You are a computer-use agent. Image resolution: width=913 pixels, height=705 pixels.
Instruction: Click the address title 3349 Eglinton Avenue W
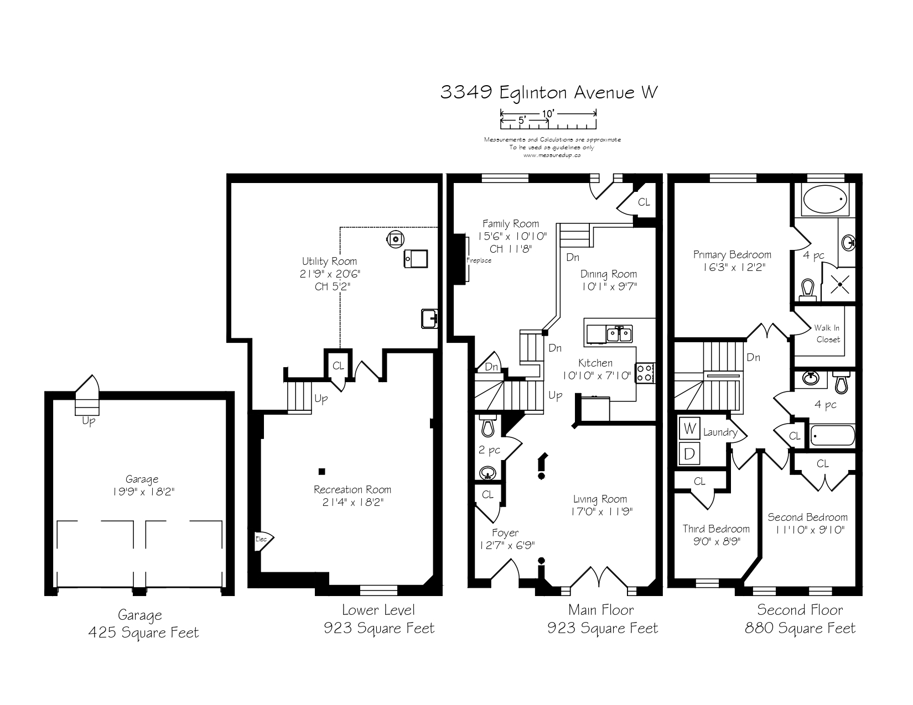click(x=549, y=92)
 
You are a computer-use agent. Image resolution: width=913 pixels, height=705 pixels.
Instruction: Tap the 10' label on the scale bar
click(x=548, y=113)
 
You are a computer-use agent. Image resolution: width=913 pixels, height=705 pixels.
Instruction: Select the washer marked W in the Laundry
click(x=689, y=429)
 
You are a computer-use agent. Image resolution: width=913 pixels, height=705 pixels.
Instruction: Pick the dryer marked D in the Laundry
click(x=689, y=453)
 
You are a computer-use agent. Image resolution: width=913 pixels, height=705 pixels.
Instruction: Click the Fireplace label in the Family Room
click(x=479, y=260)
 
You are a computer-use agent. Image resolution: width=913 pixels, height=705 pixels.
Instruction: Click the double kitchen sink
click(x=619, y=334)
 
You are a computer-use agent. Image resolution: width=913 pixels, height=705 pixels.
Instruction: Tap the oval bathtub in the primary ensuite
click(x=825, y=200)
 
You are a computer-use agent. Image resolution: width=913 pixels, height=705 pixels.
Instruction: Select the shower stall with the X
click(x=839, y=284)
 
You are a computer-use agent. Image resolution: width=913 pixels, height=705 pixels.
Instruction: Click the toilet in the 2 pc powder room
click(x=487, y=426)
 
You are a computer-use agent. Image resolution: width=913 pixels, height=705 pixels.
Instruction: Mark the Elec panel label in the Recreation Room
click(x=261, y=539)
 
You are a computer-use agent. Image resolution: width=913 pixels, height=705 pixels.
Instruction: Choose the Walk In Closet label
click(x=827, y=333)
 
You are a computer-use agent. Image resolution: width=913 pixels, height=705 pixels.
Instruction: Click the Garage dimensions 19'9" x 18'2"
click(x=143, y=491)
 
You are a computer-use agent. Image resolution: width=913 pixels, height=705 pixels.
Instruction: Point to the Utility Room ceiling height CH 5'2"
click(x=333, y=286)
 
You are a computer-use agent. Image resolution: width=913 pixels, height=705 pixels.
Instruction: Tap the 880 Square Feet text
click(x=800, y=628)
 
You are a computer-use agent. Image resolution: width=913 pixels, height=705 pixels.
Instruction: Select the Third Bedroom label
click(x=716, y=529)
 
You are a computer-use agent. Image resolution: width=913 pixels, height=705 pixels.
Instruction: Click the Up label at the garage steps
click(x=89, y=421)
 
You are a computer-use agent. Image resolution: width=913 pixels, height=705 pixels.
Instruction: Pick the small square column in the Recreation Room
click(x=322, y=472)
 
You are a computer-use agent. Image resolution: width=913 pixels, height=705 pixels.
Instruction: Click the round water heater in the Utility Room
click(x=396, y=239)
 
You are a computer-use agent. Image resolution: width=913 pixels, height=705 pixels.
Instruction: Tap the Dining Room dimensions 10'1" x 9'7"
click(x=609, y=286)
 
